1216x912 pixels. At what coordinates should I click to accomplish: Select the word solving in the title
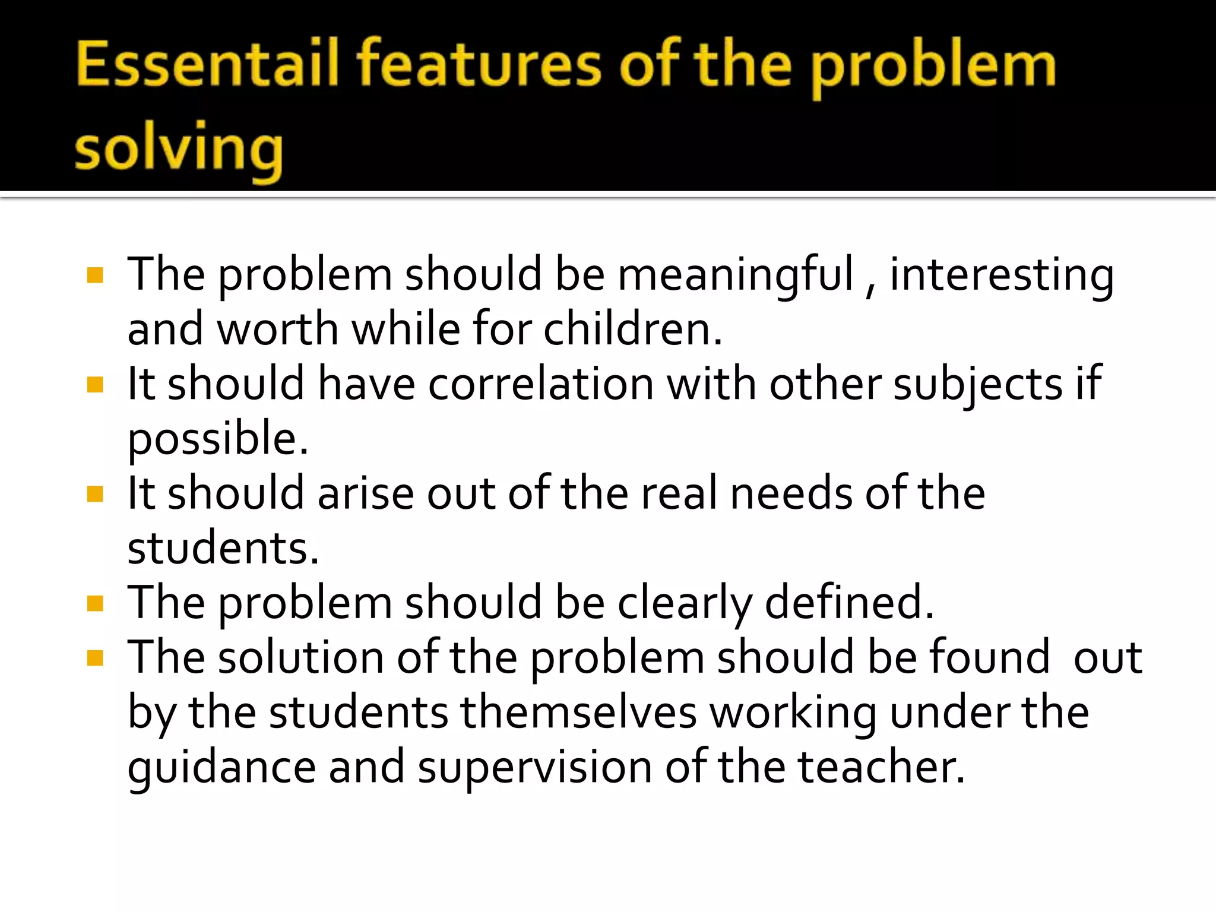pos(179,148)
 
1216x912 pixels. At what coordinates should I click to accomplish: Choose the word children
pos(632,329)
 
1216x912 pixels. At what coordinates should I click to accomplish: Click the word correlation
pos(541,384)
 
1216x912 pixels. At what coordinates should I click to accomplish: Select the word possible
pos(218,439)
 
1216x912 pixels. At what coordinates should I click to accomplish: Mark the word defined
pos(849,603)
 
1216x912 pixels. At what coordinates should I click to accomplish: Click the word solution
pos(300,657)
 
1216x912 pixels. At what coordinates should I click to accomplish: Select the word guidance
pos(221,767)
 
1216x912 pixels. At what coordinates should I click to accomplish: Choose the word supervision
pos(534,767)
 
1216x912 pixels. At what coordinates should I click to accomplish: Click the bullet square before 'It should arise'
pos(95,494)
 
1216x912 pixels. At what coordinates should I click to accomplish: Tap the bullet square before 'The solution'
pos(95,658)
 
